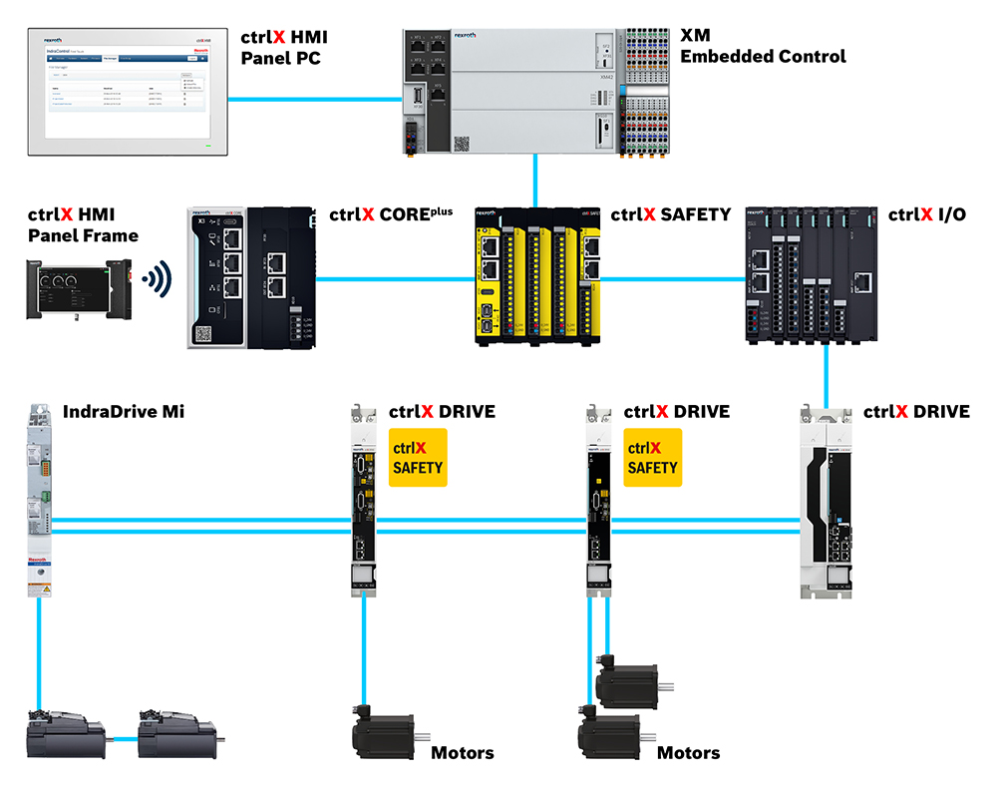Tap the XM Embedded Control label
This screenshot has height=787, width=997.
pyautogui.click(x=763, y=46)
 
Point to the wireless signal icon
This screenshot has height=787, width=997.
pyautogui.click(x=157, y=278)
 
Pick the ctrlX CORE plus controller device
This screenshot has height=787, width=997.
pyautogui.click(x=252, y=278)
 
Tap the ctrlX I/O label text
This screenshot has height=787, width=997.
pyautogui.click(x=926, y=214)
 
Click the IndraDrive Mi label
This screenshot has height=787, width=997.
pyautogui.click(x=124, y=411)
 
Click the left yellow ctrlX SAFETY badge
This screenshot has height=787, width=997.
pyautogui.click(x=418, y=458)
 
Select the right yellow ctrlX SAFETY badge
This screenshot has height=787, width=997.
pyautogui.click(x=653, y=458)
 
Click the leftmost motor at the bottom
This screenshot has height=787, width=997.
pyautogui.click(x=66, y=737)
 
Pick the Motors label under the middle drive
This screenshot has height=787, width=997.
pyautogui.click(x=462, y=752)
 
